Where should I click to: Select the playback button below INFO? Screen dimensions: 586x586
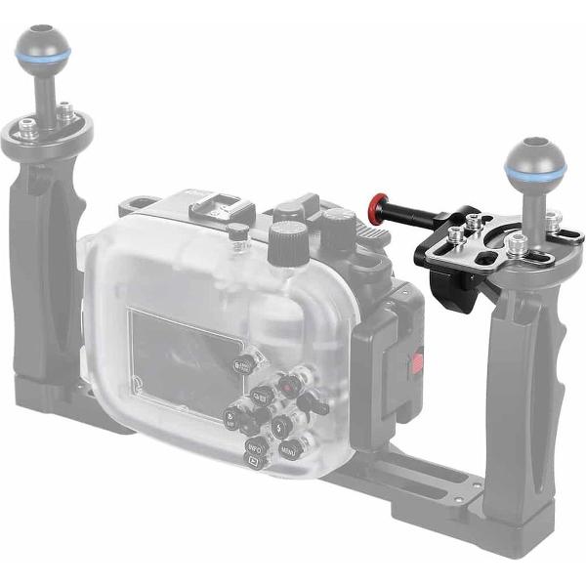coord(251,463)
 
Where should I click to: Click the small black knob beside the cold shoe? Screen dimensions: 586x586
coord(237,232)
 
